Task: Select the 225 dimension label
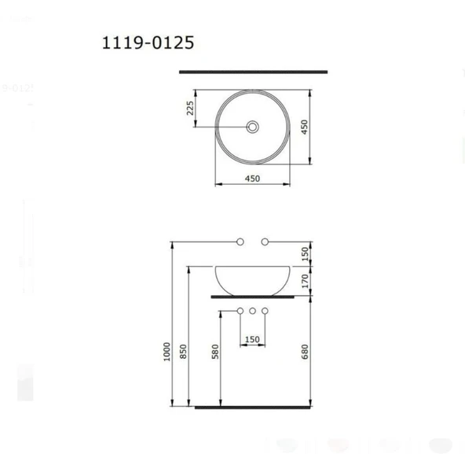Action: point(190,108)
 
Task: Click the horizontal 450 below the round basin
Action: point(252,179)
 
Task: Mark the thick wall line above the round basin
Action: point(253,72)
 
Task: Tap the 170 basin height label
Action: point(306,279)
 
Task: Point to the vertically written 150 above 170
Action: point(306,253)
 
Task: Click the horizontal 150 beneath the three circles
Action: point(252,340)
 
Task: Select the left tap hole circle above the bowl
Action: point(241,241)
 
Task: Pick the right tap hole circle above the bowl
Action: point(265,241)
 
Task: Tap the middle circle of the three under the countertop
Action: point(253,312)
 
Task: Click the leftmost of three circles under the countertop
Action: point(241,312)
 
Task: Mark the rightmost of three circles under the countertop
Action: point(265,312)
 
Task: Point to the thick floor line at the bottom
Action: point(253,408)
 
